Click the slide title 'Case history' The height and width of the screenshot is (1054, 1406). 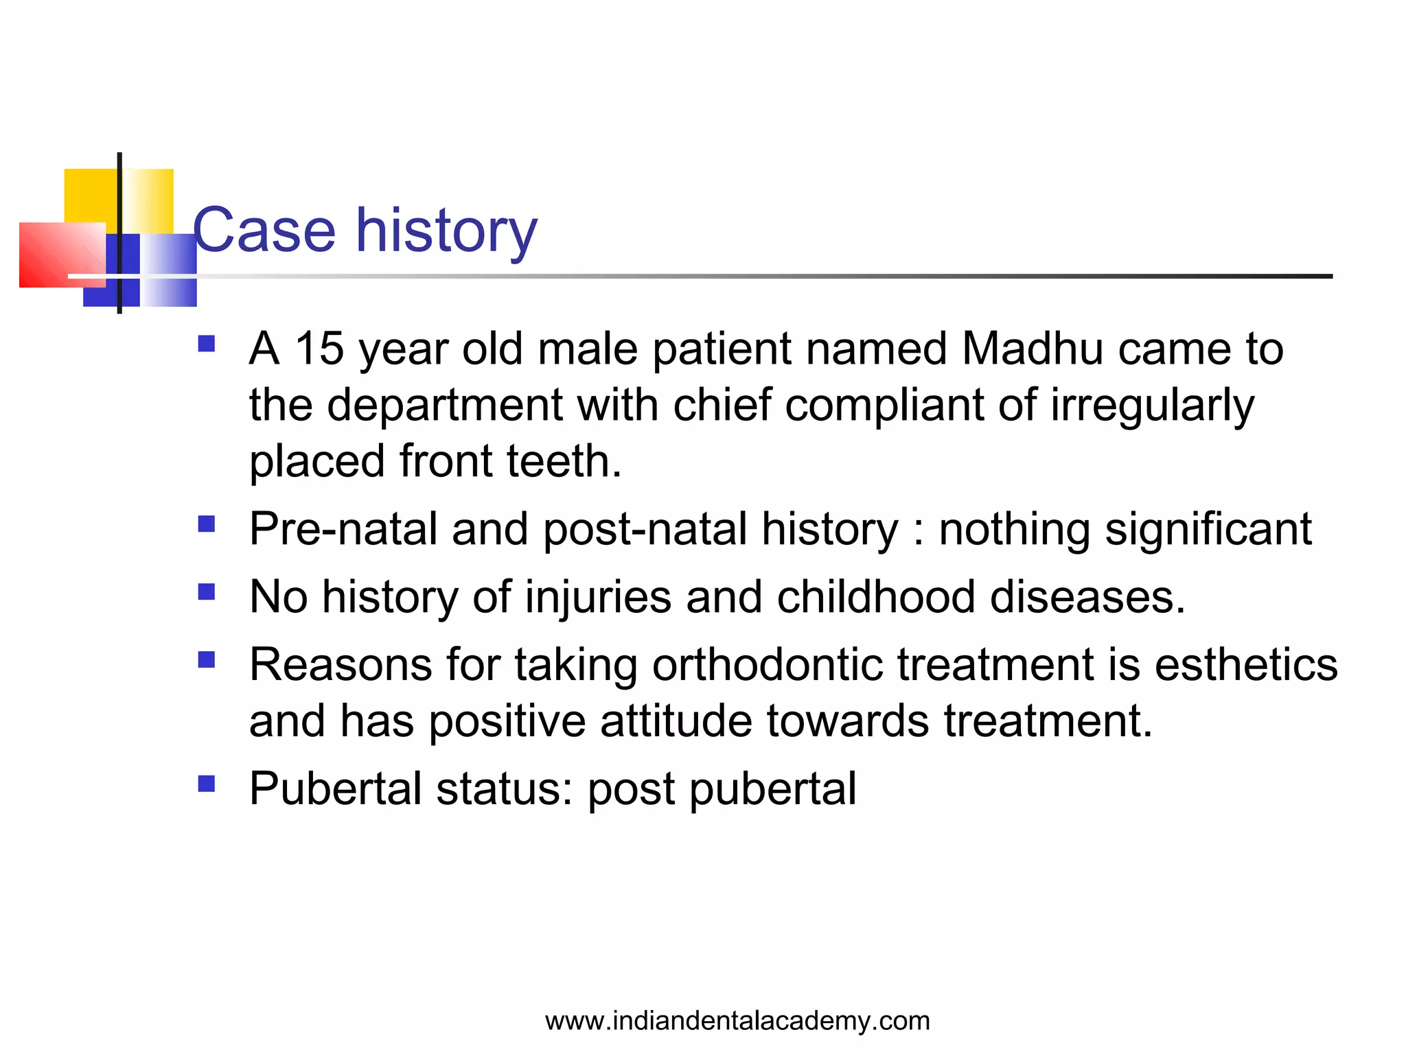pyautogui.click(x=365, y=231)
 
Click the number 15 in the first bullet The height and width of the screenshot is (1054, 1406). pyautogui.click(x=319, y=349)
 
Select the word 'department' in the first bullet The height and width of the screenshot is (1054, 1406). pyautogui.click(x=444, y=405)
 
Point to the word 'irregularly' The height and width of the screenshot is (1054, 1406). pyautogui.click(x=1152, y=406)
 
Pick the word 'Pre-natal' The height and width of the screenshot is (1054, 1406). pyautogui.click(x=343, y=529)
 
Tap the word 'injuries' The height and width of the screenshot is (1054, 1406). pyautogui.click(x=598, y=597)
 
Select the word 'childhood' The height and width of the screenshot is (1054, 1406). pyautogui.click(x=876, y=596)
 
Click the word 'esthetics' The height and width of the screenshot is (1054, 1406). pyautogui.click(x=1246, y=664)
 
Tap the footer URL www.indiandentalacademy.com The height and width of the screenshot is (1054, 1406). pyautogui.click(x=737, y=1021)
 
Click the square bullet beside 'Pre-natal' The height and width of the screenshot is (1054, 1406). pyautogui.click(x=207, y=524)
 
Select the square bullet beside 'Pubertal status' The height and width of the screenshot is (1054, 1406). pyautogui.click(x=207, y=784)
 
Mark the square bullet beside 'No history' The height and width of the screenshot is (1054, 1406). pyautogui.click(x=207, y=592)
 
